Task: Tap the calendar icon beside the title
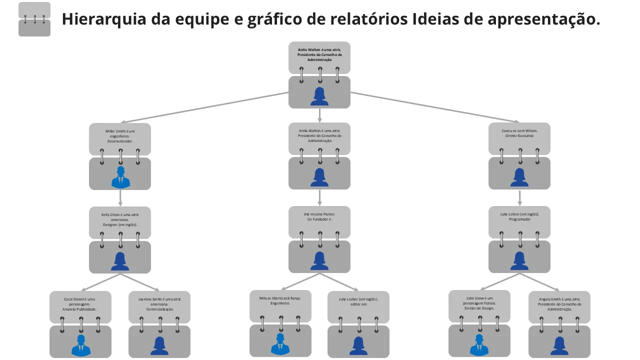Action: [34, 19]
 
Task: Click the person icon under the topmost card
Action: [319, 96]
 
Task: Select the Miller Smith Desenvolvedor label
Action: [120, 136]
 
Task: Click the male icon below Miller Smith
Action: [120, 177]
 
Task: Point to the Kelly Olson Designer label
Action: [120, 219]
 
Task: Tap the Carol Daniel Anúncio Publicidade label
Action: [79, 304]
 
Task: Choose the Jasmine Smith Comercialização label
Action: [159, 304]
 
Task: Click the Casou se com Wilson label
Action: [519, 133]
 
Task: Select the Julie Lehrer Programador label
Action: [519, 216]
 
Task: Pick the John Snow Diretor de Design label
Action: [479, 303]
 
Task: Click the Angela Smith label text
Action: [559, 304]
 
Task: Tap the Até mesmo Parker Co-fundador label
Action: [319, 216]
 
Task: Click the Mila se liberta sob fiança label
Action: [280, 300]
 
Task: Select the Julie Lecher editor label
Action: [358, 301]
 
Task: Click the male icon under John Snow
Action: [479, 345]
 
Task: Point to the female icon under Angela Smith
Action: [559, 345]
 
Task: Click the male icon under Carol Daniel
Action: [80, 345]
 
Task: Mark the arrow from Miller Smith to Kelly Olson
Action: [120, 198]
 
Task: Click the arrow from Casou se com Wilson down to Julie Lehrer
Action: [519, 198]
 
